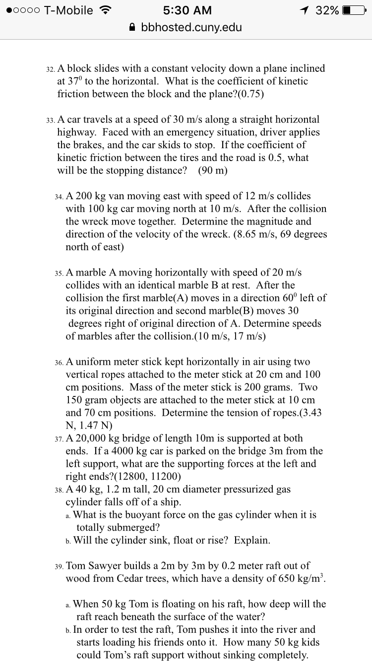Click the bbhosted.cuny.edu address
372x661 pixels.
click(191, 27)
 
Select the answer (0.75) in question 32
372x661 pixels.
click(248, 94)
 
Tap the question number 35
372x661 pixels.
click(58, 274)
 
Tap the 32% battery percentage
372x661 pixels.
click(326, 10)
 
